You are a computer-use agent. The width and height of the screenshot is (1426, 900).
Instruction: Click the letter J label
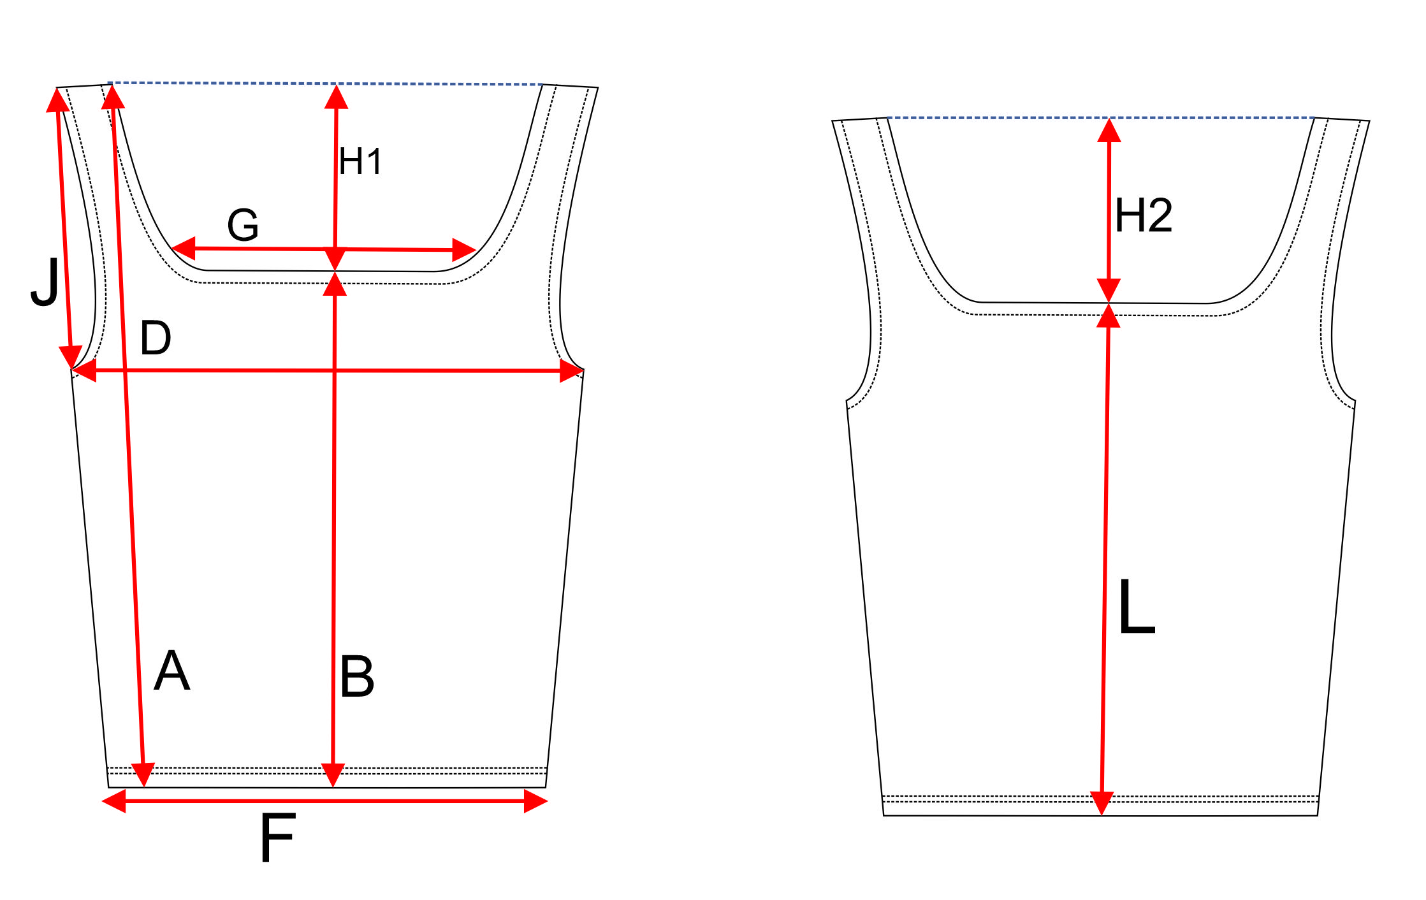pos(45,282)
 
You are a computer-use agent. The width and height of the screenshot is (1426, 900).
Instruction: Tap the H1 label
pos(360,161)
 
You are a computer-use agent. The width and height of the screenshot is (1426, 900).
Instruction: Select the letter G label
pos(243,224)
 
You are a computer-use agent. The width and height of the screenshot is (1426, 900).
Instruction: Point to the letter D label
pos(156,338)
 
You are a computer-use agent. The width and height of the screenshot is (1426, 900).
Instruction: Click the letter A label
pos(172,671)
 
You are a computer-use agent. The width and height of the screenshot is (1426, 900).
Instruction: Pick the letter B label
pos(357,676)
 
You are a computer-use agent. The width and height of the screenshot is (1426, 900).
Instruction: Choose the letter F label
pos(278,838)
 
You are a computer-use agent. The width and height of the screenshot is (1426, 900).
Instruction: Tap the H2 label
pos(1144,215)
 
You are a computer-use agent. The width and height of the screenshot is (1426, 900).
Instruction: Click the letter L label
pos(1137,606)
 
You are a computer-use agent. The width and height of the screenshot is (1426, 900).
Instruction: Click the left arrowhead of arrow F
pos(114,801)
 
